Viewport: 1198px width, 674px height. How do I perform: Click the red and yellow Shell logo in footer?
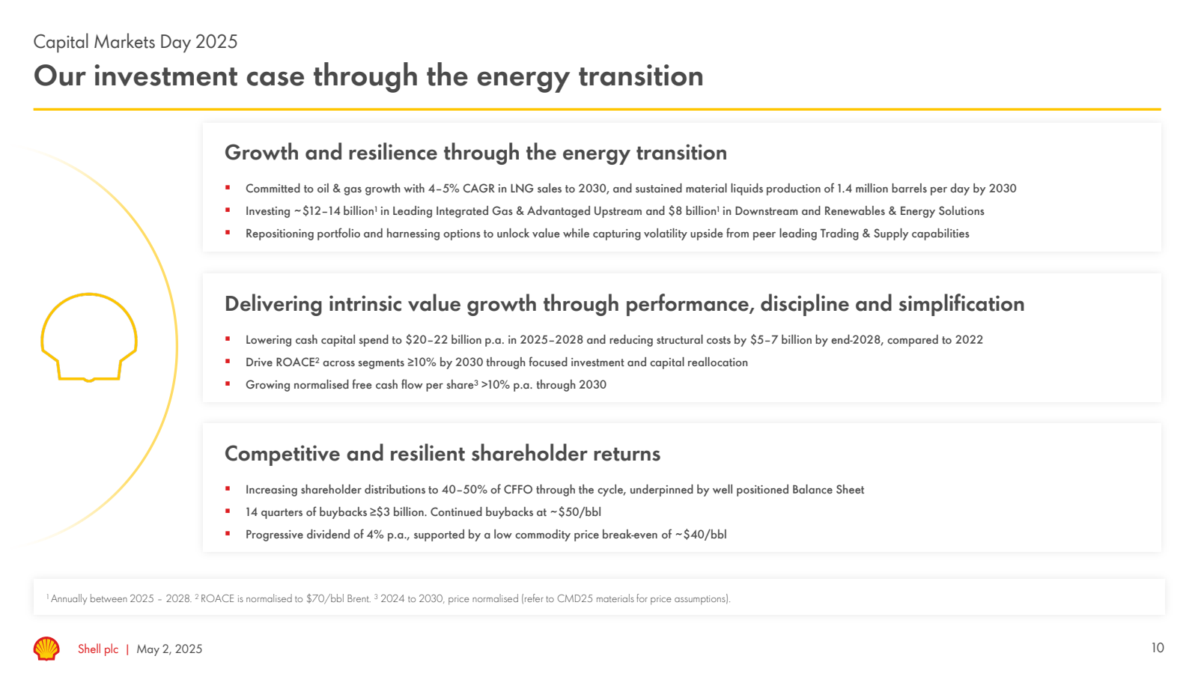[46, 649]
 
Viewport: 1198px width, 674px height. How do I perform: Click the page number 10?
[1158, 648]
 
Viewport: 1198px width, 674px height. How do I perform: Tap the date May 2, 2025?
[169, 649]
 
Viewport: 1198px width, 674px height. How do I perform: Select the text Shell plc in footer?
[98, 649]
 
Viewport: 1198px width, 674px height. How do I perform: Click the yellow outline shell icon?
[89, 337]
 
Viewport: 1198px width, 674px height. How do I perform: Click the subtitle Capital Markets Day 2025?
[136, 42]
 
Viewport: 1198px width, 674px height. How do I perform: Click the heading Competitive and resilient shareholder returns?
[442, 454]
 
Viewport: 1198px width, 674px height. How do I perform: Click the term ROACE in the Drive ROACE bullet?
[296, 362]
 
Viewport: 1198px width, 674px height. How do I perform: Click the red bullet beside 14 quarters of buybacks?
[228, 511]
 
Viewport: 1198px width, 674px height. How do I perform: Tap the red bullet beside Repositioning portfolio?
[228, 233]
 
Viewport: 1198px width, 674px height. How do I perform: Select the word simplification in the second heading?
[961, 304]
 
